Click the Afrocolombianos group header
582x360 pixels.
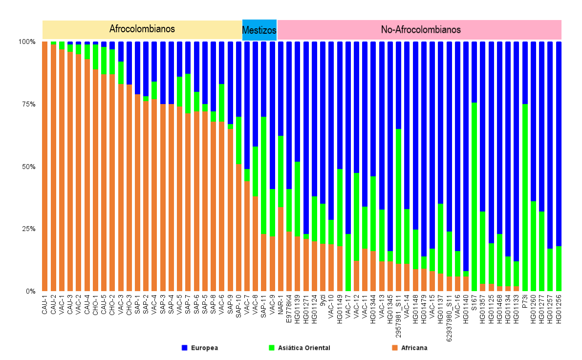click(x=142, y=29)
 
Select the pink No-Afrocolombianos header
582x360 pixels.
click(x=420, y=29)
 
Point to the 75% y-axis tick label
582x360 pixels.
click(x=27, y=104)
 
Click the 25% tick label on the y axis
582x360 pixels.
click(x=27, y=229)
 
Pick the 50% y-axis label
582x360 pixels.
click(x=27, y=167)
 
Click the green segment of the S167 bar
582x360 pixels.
click(x=474, y=195)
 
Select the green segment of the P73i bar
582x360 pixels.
click(x=525, y=195)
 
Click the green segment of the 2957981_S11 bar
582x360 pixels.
click(x=399, y=195)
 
